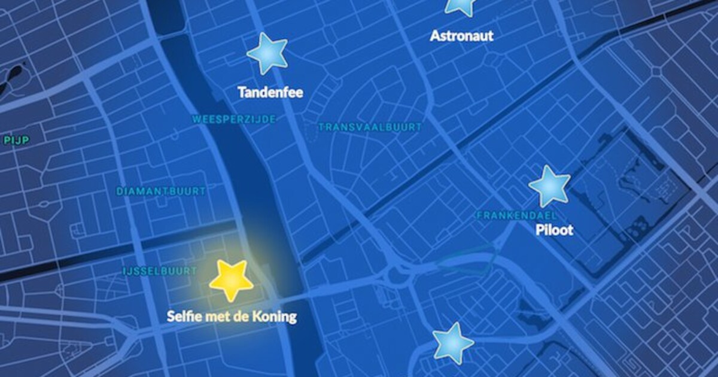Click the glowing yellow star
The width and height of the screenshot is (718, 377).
231,279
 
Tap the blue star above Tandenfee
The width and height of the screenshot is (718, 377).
267,54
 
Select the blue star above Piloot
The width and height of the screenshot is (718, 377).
549,187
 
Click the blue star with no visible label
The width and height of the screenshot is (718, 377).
453,343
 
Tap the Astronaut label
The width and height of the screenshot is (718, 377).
461,36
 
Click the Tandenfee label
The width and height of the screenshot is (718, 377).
270,93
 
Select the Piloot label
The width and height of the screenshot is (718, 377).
553,230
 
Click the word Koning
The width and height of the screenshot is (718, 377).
275,316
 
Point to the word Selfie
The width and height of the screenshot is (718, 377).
182,316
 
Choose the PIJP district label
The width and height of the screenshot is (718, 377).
16,140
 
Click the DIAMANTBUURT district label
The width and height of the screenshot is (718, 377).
161,191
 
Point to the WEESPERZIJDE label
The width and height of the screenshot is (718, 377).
234,120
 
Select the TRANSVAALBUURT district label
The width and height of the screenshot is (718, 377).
370,127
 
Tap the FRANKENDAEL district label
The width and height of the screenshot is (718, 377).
516,215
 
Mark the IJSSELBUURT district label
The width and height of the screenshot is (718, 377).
159,271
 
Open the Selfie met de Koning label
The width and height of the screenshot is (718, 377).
232,316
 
